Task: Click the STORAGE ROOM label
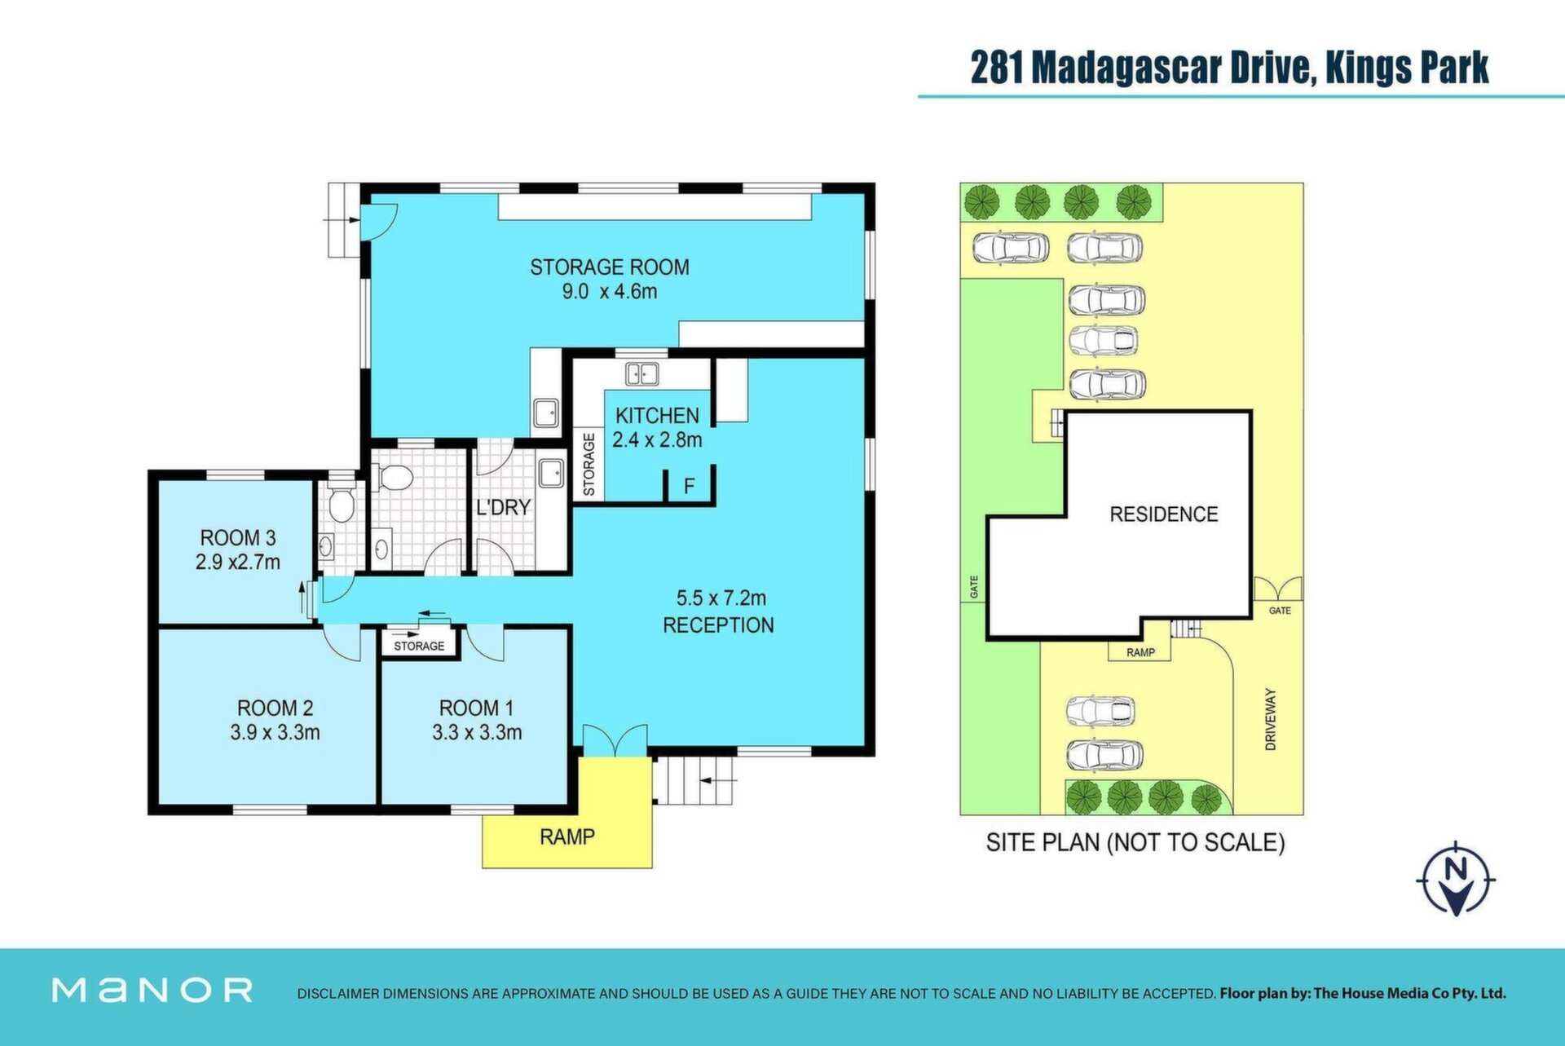click(x=610, y=267)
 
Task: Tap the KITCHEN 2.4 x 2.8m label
click(x=657, y=427)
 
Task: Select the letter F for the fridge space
click(x=689, y=487)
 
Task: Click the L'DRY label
click(x=503, y=507)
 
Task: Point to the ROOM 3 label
click(x=238, y=538)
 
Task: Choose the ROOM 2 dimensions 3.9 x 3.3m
click(x=275, y=732)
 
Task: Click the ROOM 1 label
click(x=477, y=708)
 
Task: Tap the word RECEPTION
click(x=718, y=625)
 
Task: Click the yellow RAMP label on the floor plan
click(x=567, y=836)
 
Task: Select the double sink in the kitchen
click(x=641, y=374)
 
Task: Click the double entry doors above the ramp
click(x=615, y=740)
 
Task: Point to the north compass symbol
click(x=1456, y=879)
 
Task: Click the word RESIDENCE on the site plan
click(x=1164, y=514)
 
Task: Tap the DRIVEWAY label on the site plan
click(x=1270, y=719)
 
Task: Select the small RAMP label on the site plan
click(x=1140, y=652)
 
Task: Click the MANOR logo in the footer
click(x=152, y=990)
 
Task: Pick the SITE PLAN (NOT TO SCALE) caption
click(x=1135, y=842)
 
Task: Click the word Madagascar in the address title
click(x=1126, y=68)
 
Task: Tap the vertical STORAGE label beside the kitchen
click(x=589, y=465)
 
